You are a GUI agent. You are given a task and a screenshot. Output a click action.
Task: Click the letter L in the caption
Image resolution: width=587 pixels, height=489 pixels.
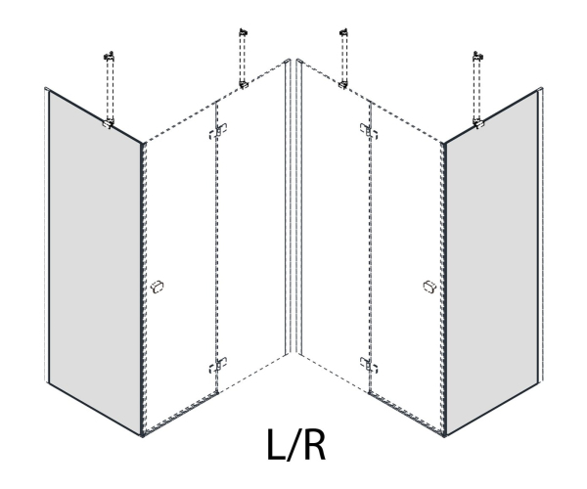coord(277,444)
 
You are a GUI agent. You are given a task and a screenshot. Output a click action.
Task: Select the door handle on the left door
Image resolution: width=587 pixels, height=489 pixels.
coord(158,287)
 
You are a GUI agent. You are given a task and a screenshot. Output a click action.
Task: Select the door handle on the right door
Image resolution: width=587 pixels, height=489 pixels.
coord(429,287)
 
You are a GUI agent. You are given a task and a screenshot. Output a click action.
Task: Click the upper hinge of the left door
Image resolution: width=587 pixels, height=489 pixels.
coord(218,131)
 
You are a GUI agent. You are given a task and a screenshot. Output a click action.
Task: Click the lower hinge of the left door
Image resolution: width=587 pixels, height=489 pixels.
coord(218,365)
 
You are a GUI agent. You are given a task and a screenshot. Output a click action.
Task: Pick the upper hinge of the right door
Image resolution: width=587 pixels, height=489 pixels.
coord(369,131)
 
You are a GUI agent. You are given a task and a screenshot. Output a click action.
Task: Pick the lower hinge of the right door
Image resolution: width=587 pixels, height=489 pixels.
coord(369,365)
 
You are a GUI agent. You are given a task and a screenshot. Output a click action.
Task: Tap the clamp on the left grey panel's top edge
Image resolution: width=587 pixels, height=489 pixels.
coord(109,123)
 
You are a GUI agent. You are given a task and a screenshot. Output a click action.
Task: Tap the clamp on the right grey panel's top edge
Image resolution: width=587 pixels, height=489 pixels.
coord(478,123)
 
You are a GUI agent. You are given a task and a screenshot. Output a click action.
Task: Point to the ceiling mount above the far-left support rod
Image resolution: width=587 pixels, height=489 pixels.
coord(109,56)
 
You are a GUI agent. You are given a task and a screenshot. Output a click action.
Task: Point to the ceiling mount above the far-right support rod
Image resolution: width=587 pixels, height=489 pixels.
coord(478,56)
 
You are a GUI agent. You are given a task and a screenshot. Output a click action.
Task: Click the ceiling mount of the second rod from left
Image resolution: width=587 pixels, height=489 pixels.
coord(244,32)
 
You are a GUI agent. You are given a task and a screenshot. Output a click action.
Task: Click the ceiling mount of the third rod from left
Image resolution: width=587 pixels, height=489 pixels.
coord(343,32)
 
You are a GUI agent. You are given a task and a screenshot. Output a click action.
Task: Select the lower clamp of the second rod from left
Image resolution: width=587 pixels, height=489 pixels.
coord(244,84)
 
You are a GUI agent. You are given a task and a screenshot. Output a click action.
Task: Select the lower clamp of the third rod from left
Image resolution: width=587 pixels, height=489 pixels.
coord(343,84)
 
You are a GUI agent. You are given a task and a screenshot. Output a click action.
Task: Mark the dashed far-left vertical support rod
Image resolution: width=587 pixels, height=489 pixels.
coord(110,89)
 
